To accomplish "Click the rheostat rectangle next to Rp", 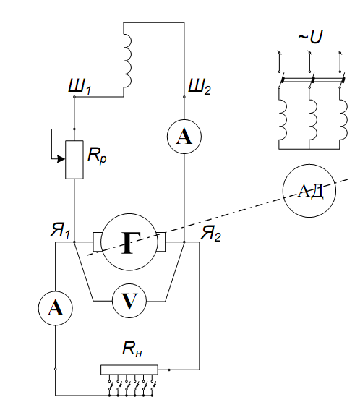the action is pos(74,160).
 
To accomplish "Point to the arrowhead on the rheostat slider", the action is pos(61,158).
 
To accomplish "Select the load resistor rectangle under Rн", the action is pos(129,370).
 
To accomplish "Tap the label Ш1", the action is pos(80,86).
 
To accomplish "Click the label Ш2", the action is pos(200,86).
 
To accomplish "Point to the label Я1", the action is pos(60,231).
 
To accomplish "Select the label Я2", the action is pos(210,233).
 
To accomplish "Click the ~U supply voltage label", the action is pos(310,37).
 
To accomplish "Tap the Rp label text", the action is pos(97,155).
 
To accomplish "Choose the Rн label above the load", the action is pos(132,349).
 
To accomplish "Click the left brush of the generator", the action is pos(98,242).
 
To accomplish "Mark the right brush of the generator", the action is pos(161,242).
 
